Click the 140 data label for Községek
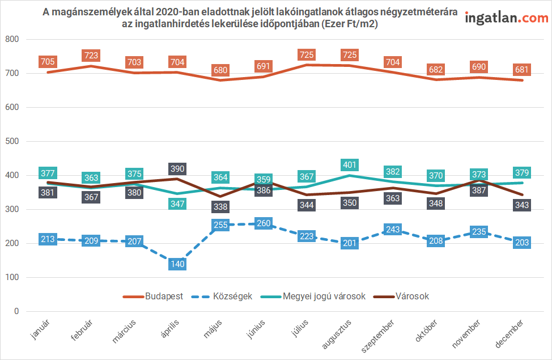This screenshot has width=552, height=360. pyautogui.click(x=177, y=264)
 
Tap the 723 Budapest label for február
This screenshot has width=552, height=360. pyautogui.click(x=91, y=56)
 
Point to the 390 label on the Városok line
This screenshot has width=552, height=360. pyautogui.click(x=177, y=169)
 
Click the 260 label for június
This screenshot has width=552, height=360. pyautogui.click(x=264, y=223)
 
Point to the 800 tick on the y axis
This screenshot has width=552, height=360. pyautogui.click(x=12, y=40)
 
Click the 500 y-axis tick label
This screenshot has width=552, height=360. pyautogui.click(x=12, y=142)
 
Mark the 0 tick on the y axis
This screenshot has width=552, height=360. pyautogui.click(x=16, y=311)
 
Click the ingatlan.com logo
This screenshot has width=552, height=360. pyautogui.click(x=506, y=18)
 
